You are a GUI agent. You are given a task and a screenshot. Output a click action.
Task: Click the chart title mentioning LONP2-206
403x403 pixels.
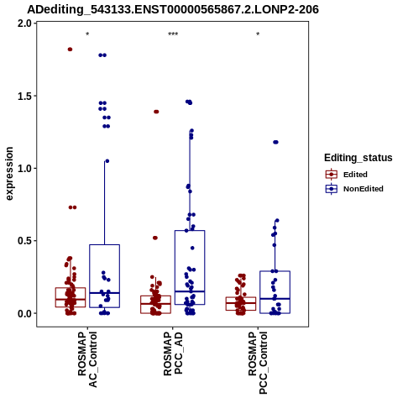click(173, 10)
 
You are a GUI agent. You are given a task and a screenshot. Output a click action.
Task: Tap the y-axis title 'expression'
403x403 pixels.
click(9, 174)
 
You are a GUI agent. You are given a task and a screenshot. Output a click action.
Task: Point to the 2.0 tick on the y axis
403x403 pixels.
click(25, 24)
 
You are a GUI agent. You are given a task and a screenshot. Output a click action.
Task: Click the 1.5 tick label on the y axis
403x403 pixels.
click(25, 96)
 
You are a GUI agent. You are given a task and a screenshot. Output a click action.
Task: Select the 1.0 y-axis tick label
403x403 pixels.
click(25, 169)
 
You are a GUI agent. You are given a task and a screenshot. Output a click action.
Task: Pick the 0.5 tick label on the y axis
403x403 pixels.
click(25, 241)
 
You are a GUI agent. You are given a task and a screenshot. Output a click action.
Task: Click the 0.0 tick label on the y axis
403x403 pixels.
click(25, 313)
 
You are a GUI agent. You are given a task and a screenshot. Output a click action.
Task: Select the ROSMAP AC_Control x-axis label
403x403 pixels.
click(87, 359)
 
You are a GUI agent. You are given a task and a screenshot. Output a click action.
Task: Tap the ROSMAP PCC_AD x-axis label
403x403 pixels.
click(173, 353)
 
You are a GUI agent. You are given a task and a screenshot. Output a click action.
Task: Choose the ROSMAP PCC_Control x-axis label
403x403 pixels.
click(258, 363)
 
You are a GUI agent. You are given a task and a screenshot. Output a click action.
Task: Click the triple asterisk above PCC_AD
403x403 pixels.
click(173, 34)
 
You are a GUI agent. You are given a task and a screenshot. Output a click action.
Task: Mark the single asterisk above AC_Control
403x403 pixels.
click(87, 34)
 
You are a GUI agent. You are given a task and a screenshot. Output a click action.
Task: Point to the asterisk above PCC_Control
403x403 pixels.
click(258, 34)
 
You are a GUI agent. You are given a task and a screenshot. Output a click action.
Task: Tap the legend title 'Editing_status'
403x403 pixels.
click(359, 158)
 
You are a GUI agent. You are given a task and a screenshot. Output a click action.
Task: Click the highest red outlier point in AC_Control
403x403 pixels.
click(70, 50)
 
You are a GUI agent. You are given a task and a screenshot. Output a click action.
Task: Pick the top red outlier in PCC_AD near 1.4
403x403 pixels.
click(156, 112)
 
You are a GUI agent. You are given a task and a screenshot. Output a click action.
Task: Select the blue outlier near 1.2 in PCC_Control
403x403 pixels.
click(275, 142)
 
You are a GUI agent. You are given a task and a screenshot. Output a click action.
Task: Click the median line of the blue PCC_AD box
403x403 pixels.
click(190, 291)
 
